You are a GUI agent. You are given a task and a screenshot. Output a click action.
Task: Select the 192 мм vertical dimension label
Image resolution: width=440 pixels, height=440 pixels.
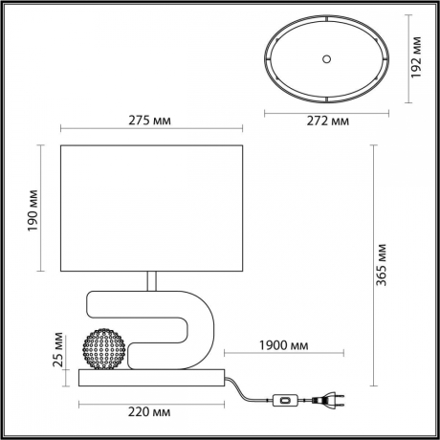tap(417, 60)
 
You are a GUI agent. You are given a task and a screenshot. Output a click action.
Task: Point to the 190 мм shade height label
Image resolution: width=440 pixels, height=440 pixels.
tap(31, 219)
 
